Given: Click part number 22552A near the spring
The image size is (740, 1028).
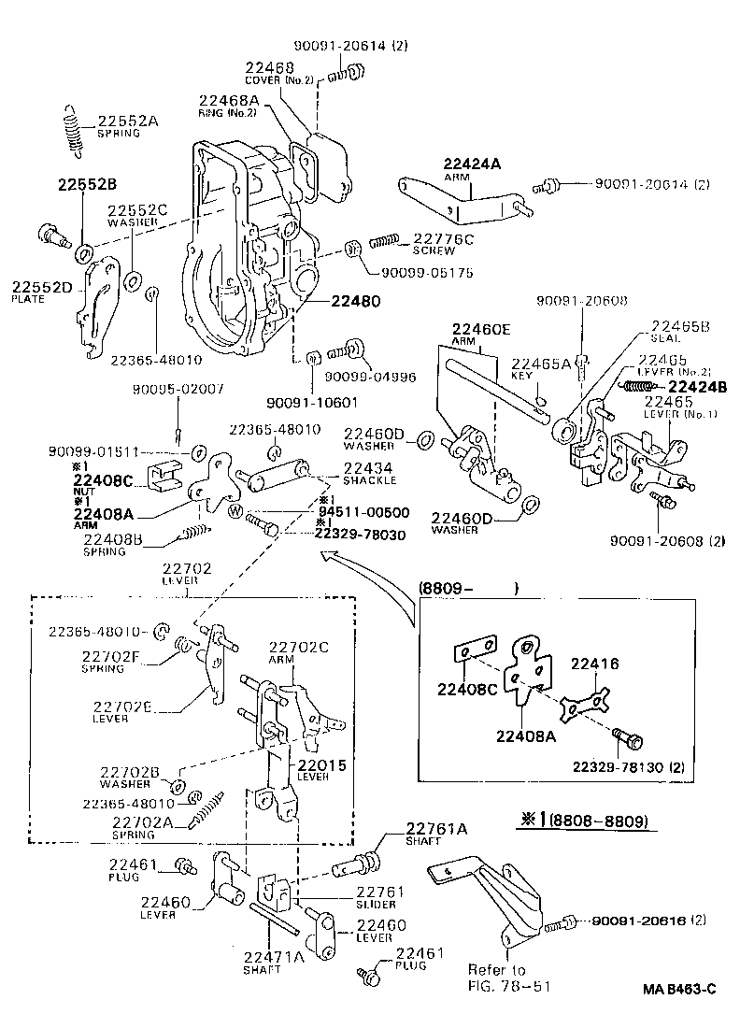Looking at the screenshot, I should coord(128,121).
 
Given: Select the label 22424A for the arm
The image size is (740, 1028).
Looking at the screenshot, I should coord(472,164).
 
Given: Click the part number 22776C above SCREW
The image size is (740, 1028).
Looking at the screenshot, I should coord(444,239).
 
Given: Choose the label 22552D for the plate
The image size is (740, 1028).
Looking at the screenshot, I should coord(41,287).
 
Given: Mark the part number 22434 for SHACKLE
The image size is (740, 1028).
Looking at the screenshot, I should coord(368,467).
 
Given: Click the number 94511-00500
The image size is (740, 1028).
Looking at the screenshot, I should coord(363,512).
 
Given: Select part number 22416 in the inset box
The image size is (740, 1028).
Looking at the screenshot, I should coord(594,664).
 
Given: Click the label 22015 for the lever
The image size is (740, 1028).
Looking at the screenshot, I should coord(322,764).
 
